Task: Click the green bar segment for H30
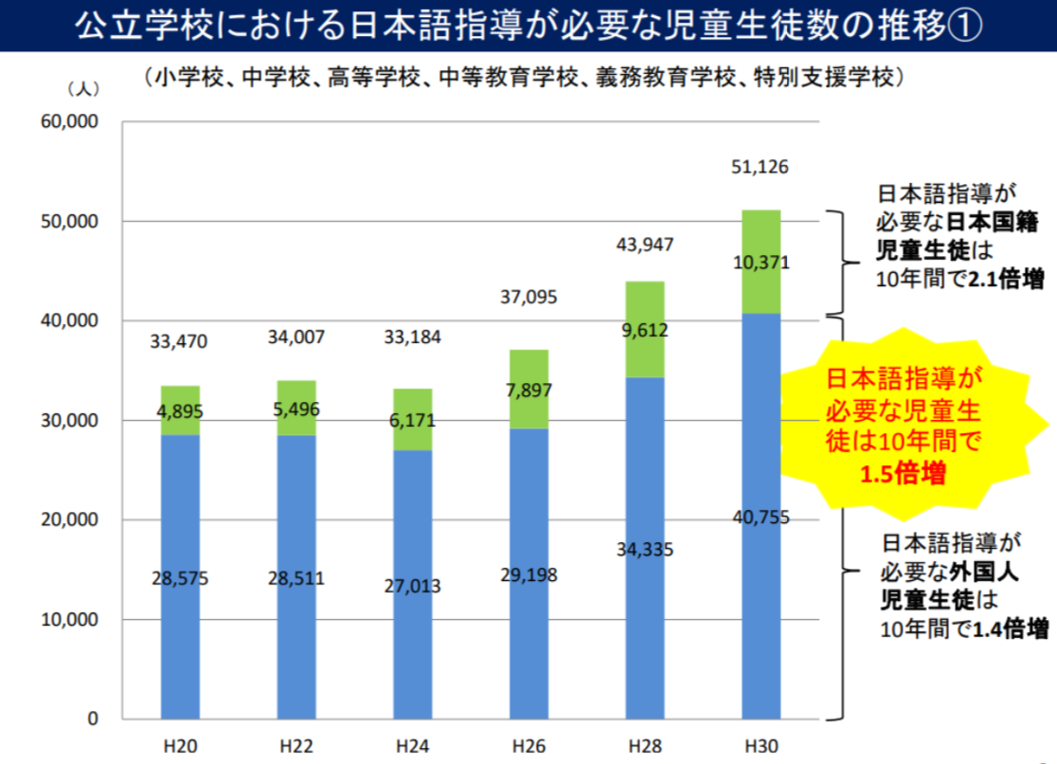(761, 284)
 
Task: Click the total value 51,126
(760, 167)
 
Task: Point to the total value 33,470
(179, 341)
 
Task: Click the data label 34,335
(645, 550)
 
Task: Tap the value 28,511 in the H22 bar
(296, 578)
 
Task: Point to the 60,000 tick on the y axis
(70, 122)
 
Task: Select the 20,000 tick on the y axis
(70, 520)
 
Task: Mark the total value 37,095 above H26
(528, 298)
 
